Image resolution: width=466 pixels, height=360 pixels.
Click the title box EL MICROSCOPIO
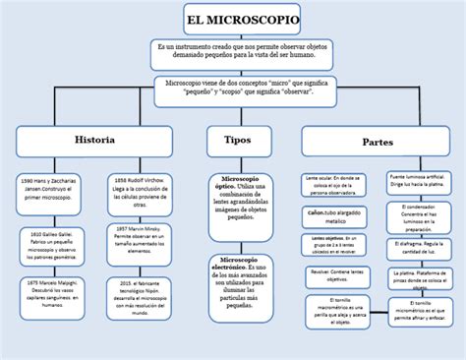242,19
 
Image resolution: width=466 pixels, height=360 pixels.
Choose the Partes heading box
377,141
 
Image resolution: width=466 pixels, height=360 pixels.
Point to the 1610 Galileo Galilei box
49,242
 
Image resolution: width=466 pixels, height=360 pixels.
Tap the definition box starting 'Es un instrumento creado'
242,54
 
